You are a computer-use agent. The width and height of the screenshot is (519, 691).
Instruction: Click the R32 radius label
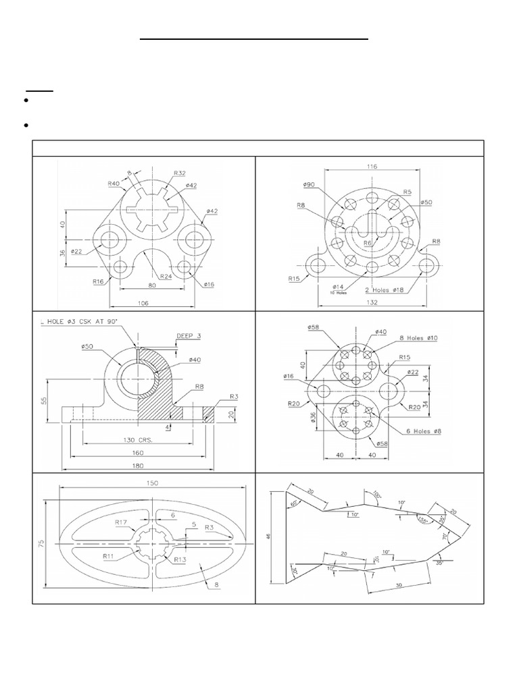180,173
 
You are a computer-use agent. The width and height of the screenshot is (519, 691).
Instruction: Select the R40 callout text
114,184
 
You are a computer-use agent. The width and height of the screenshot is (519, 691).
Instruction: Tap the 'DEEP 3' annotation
189,335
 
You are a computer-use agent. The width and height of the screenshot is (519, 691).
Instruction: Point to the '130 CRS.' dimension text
138,439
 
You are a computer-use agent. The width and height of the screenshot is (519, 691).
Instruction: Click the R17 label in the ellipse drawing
122,522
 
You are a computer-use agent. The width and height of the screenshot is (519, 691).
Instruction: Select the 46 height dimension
268,537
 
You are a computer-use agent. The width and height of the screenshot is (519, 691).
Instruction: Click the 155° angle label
424,520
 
